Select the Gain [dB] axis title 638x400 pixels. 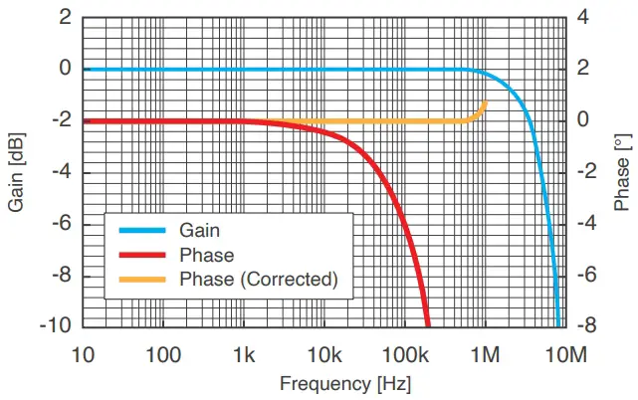point(16,172)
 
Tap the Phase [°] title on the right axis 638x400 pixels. point(622,172)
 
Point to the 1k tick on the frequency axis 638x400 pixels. point(244,354)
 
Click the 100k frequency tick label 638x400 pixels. point(405,354)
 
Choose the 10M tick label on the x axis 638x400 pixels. point(566,354)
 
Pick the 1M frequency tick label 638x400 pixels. point(486,354)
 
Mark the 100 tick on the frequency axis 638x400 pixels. point(163,354)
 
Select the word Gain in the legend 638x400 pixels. point(199,230)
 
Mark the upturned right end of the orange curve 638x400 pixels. point(486,102)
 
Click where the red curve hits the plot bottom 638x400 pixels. point(428,324)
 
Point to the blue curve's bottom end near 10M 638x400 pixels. point(558,323)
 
